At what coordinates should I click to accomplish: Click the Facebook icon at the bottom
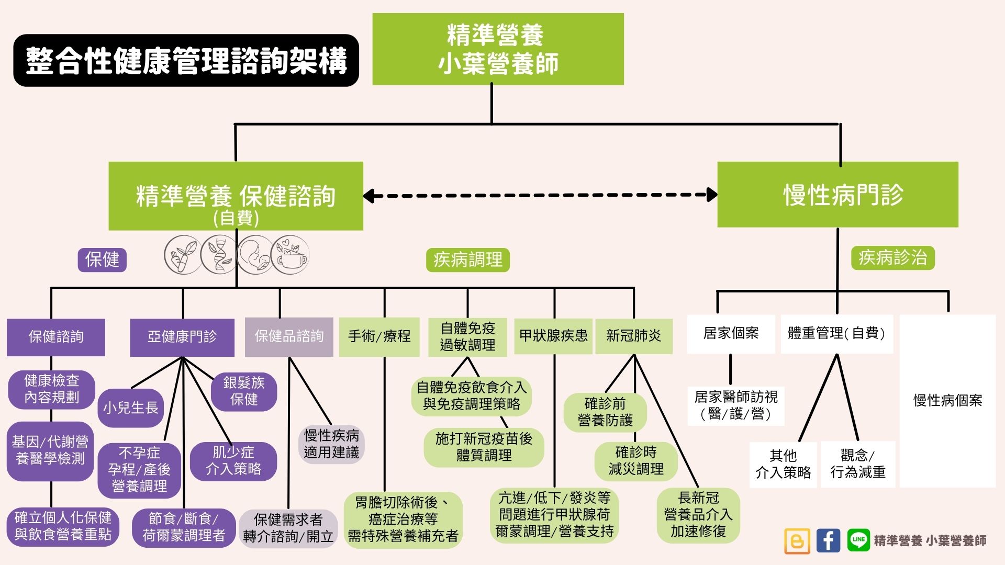[x=828, y=540]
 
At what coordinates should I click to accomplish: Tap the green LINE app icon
[x=858, y=540]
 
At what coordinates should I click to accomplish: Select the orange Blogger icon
[x=797, y=541]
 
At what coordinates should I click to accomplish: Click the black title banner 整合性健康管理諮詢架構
[x=186, y=61]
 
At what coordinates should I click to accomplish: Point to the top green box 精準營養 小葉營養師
[x=498, y=49]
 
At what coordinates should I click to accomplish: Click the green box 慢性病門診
[x=837, y=195]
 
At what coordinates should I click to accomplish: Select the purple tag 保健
[x=102, y=259]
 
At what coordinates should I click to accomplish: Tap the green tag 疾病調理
[x=467, y=259]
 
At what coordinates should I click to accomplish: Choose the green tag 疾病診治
[x=892, y=258]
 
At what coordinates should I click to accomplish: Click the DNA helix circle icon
[x=219, y=255]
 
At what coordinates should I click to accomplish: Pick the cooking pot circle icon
[x=292, y=255]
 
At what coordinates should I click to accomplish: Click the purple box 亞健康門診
[x=182, y=337]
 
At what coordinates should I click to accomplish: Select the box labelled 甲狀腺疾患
[x=553, y=336]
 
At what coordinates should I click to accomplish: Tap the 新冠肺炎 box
[x=633, y=336]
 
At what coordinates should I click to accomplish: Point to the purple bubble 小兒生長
[x=130, y=408]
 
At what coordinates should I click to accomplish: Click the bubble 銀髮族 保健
[x=244, y=391]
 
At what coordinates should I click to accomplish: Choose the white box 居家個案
[x=731, y=333]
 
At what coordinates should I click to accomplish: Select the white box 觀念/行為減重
[x=857, y=464]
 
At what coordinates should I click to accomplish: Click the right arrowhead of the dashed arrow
[x=712, y=195]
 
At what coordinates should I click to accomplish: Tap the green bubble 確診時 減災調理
[x=635, y=461]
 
